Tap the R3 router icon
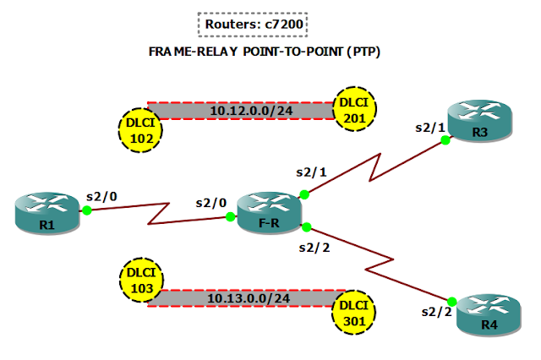coord(479,120)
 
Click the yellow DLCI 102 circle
coord(139,129)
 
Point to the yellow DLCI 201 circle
coord(354,108)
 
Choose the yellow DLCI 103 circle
coord(139,280)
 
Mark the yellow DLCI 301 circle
coord(353,314)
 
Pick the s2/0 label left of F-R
coord(211,204)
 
